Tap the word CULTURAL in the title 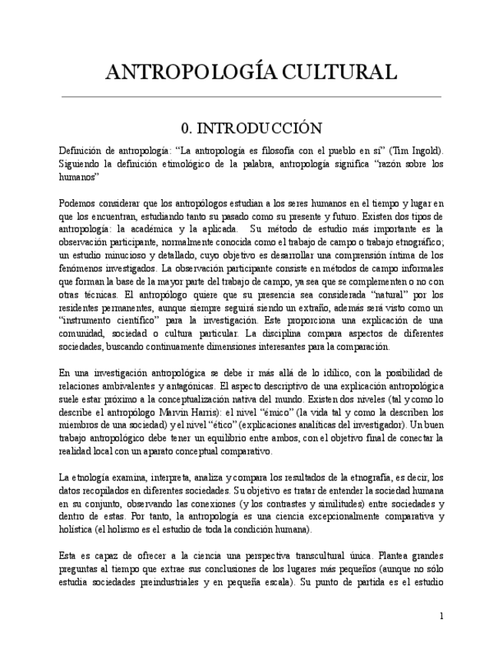coord(339,72)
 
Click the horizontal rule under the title coord(251,97)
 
